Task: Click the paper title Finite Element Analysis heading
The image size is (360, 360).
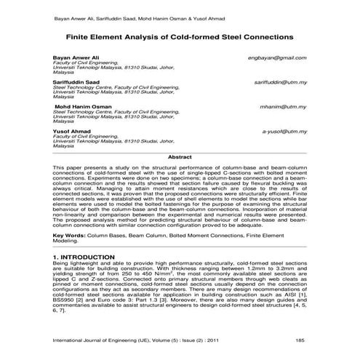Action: pos(180,36)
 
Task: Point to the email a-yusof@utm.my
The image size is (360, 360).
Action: pos(284,132)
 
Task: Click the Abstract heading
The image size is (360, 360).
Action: pos(180,156)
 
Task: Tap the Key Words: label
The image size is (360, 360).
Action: pos(71,236)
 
